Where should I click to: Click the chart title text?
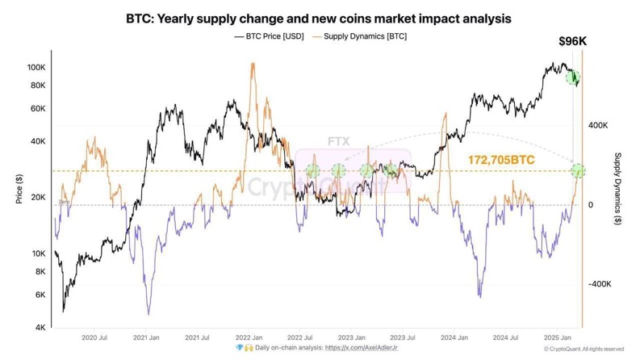(319, 17)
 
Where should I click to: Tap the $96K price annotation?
(574, 41)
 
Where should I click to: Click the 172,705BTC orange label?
(500, 161)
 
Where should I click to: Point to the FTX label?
(338, 141)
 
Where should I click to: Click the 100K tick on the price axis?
(36, 67)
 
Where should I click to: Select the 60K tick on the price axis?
(38, 108)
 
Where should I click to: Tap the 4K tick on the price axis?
(40, 328)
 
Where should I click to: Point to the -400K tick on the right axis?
(600, 284)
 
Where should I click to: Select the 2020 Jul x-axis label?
(94, 338)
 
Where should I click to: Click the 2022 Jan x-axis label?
(248, 338)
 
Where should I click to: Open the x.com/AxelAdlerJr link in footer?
(357, 348)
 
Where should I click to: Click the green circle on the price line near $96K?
(573, 78)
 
